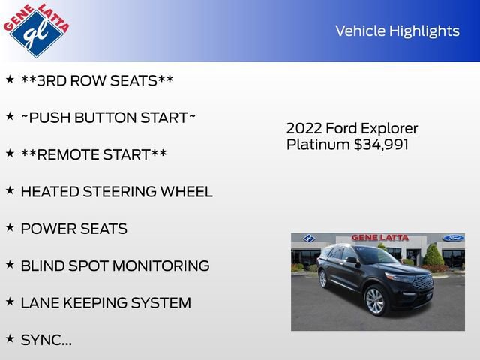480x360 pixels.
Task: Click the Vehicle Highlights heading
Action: coord(397,31)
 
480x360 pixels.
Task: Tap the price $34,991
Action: coord(381,144)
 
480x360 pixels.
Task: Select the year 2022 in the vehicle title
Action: coord(304,128)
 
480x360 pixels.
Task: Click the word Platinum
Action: coord(318,144)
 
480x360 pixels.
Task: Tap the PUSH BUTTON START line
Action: coord(108,118)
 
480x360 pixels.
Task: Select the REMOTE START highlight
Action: coord(94,154)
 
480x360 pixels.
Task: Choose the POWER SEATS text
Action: coord(73,229)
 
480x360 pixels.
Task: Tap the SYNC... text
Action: coord(46,340)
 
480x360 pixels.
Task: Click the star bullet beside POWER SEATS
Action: coord(10,226)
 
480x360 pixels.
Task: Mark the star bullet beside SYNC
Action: coord(10,337)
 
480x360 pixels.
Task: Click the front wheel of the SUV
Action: coord(374,301)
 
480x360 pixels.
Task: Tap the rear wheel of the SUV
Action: coord(323,278)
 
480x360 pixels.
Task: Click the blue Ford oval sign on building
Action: coord(452,238)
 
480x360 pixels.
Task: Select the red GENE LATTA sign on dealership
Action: coord(379,238)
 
